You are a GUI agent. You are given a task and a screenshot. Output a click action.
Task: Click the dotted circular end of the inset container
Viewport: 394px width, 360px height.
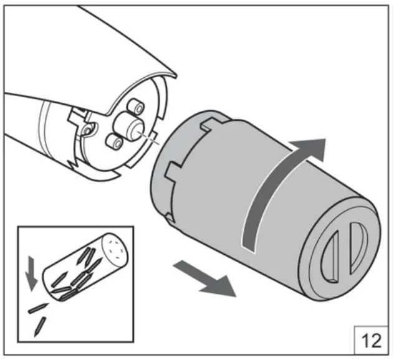pyautogui.click(x=115, y=248)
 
